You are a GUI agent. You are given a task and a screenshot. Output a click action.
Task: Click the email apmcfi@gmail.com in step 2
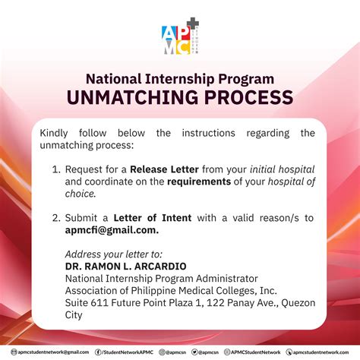click(x=112, y=229)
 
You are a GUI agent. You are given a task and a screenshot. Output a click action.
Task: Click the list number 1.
click(x=55, y=169)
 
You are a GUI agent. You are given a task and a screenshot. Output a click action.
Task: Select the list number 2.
click(x=55, y=217)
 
